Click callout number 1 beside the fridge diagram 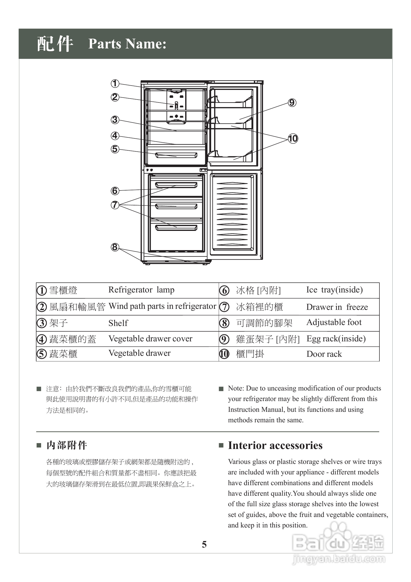pos(115,83)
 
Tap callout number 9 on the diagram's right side pos(292,103)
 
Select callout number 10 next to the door pos(293,139)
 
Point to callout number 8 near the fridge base pos(115,247)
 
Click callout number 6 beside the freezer pos(115,191)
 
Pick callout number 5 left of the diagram pos(115,149)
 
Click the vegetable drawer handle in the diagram pos(176,155)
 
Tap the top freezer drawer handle pos(176,185)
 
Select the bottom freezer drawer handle pos(176,228)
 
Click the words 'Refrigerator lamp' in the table pos(141,290)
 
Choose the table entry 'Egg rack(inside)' pos(336,339)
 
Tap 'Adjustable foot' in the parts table pos(334,323)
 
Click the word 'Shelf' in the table pos(118,323)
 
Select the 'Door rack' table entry pos(324,354)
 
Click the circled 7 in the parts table pos(224,307)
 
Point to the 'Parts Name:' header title pos(127,44)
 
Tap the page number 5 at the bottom pos(204,544)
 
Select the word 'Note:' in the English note pos(236,388)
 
